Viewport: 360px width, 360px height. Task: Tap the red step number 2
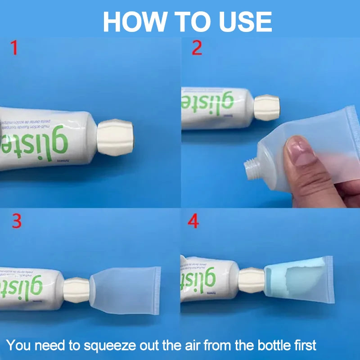point(197,47)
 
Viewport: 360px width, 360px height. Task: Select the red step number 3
point(17,221)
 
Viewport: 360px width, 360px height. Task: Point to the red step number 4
point(193,221)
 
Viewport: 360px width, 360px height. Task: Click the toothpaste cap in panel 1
point(115,137)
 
